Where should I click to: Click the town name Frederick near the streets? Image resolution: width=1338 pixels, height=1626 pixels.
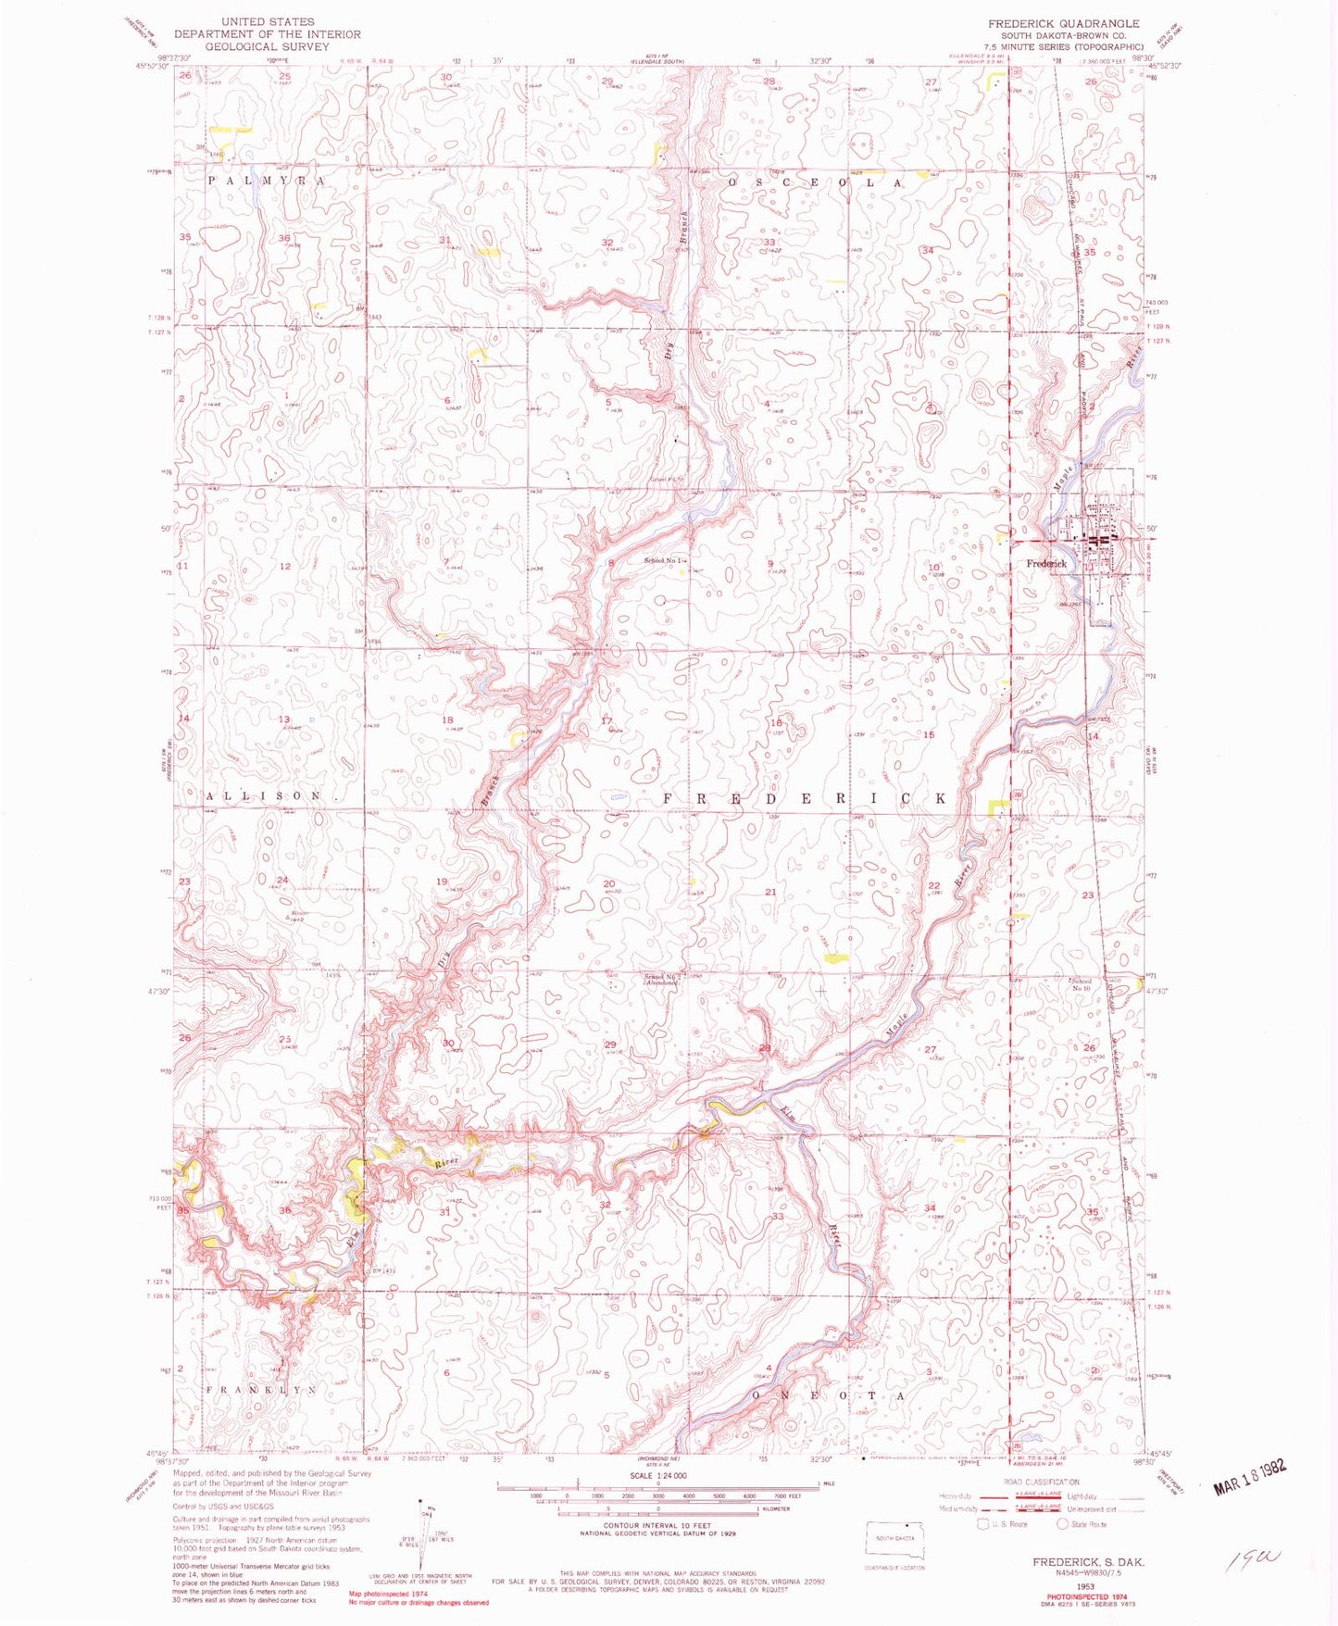click(1046, 563)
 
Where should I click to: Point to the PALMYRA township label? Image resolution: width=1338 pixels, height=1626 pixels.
click(266, 181)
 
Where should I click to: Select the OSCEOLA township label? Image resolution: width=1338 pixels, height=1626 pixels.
click(815, 183)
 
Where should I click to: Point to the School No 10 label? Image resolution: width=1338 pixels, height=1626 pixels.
click(1081, 984)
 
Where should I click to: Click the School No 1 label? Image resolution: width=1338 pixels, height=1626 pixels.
click(668, 561)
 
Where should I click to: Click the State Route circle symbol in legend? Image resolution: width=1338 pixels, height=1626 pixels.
click(1064, 1523)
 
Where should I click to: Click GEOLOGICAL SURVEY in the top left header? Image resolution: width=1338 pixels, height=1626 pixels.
click(267, 45)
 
